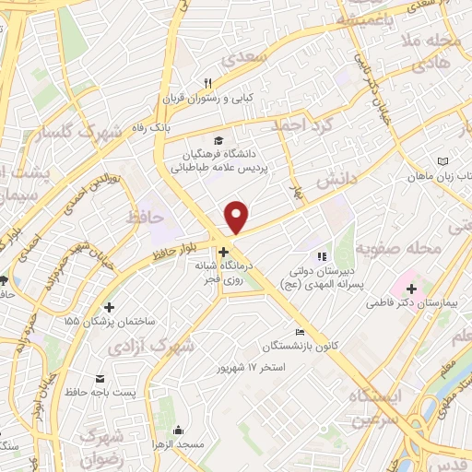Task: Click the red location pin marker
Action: tap(237, 218)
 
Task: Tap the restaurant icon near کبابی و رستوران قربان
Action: tap(208, 84)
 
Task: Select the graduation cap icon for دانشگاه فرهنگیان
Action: tap(218, 141)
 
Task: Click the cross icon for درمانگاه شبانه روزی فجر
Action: tap(223, 251)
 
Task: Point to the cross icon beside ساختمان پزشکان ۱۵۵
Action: tap(110, 307)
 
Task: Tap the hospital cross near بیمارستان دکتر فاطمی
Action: tap(411, 289)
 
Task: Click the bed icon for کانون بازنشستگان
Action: tap(298, 332)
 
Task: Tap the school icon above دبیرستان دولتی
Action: tap(320, 257)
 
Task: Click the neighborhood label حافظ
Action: tap(145, 218)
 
